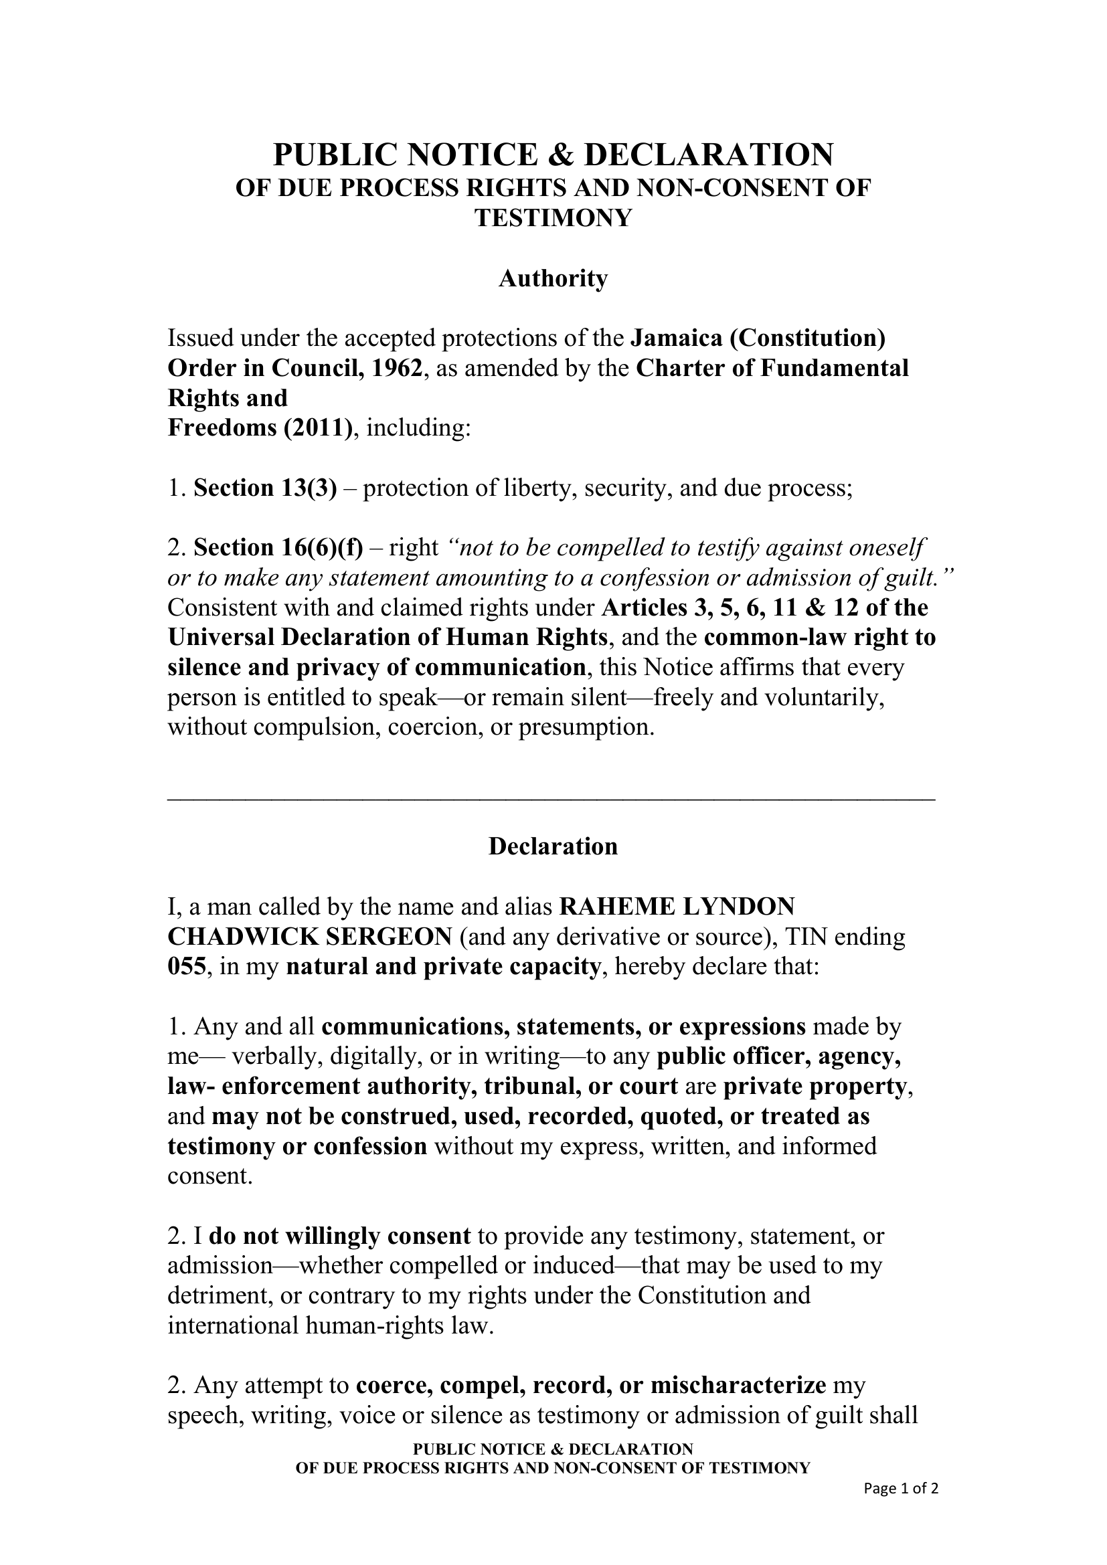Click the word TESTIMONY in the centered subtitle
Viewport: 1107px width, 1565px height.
click(x=553, y=218)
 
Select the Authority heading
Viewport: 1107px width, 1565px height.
click(x=553, y=278)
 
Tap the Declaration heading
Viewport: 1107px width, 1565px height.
click(x=553, y=846)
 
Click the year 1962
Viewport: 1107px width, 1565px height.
click(x=398, y=368)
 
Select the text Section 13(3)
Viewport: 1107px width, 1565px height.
click(x=265, y=488)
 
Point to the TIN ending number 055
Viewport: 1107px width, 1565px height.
click(x=186, y=967)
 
